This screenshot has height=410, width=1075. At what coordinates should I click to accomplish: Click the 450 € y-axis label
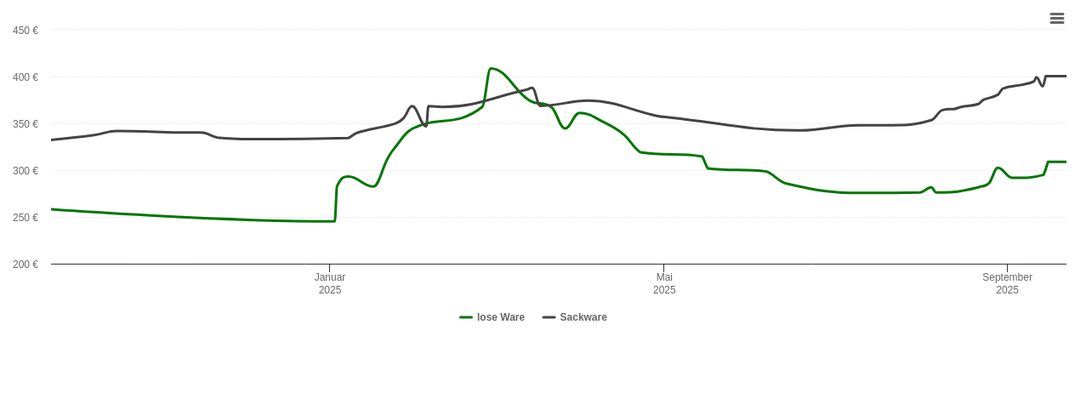coord(25,31)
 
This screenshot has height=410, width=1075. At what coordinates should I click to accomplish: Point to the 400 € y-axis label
coord(25,77)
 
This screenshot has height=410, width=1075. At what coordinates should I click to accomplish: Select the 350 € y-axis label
coord(25,124)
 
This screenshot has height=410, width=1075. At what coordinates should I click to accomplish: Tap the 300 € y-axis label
coord(25,171)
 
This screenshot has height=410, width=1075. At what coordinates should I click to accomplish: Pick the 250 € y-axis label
coord(25,218)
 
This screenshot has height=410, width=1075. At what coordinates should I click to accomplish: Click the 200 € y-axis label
coord(25,265)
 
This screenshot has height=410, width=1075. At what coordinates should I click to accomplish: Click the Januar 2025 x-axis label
coord(330,283)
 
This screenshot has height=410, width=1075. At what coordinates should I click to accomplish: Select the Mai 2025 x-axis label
coord(664,283)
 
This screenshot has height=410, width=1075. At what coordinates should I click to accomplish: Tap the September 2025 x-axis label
coord(1007,283)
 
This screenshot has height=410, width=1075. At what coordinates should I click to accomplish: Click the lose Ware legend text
coord(500,317)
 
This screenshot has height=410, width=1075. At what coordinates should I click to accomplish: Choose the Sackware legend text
coord(583,317)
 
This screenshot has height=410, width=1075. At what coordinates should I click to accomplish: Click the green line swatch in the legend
coord(466,317)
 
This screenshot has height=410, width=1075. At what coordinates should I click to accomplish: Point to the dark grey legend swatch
coord(549,317)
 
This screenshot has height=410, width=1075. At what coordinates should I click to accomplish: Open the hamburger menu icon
coord(1057,18)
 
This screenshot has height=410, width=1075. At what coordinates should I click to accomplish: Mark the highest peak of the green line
coord(492,68)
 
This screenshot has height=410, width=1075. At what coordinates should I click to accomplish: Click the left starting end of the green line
coord(52,209)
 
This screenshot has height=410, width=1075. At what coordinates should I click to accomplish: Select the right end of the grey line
coord(1066,77)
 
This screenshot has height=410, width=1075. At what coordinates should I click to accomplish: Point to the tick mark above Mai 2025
coord(663,268)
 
